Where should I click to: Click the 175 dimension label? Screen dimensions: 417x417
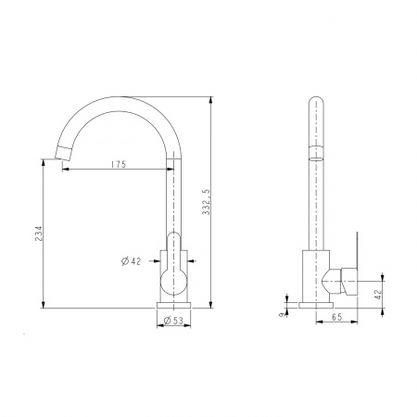[x=118, y=164]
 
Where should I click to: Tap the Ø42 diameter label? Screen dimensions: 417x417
[x=131, y=262]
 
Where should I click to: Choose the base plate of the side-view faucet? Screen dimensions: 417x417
[x=316, y=304]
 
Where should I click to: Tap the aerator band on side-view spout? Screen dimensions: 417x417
[x=316, y=152]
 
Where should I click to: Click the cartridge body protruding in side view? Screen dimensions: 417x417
[x=349, y=277]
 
